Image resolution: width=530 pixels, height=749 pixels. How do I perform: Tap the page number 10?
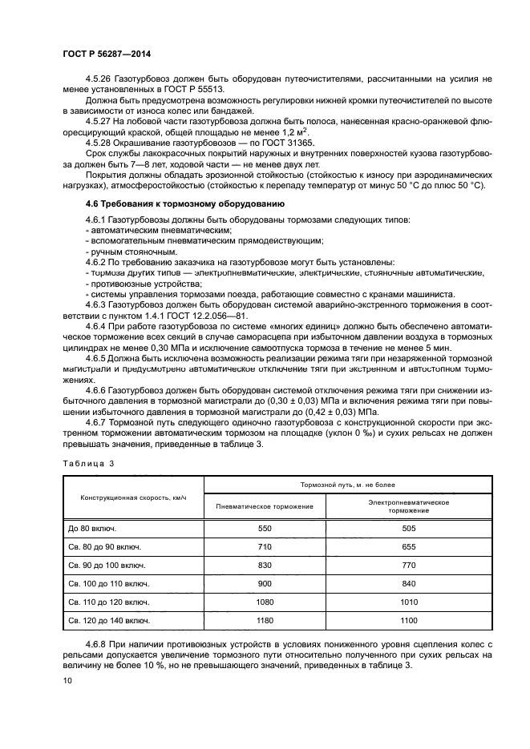point(68,681)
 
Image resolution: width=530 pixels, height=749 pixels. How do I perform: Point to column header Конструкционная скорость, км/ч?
point(132,497)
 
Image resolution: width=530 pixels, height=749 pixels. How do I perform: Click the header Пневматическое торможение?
point(265,506)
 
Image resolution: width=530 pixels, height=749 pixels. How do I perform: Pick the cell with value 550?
point(265,529)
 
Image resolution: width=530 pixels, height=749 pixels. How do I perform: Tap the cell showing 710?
point(265,547)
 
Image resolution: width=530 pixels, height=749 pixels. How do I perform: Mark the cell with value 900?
point(265,584)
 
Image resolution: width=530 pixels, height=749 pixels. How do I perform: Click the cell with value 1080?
point(265,602)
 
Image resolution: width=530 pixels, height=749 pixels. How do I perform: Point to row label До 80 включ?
point(92,529)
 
